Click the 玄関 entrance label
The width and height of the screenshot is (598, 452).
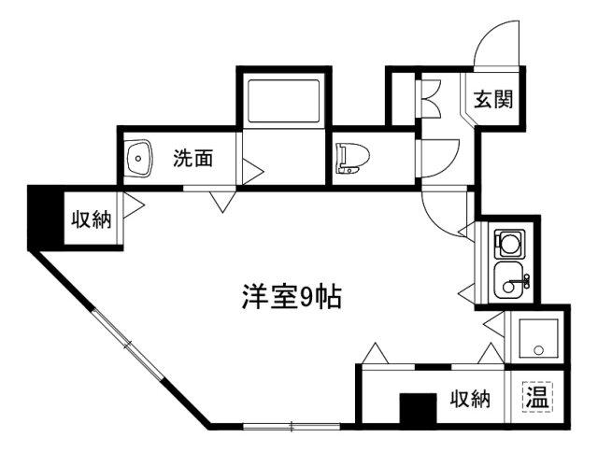pos(493,99)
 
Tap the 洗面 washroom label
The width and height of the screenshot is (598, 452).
pos(193,158)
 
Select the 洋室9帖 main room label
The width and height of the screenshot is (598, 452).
pos(291,297)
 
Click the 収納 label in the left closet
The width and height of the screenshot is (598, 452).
pos(92,219)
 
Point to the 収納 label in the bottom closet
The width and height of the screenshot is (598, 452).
pos(470,400)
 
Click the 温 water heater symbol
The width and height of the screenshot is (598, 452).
pos(537,396)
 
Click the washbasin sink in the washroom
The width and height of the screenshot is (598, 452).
pos(138,158)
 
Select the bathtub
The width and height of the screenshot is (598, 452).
pos(283,101)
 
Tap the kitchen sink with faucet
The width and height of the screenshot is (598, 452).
pos(512,280)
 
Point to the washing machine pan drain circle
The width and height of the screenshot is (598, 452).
pos(538,349)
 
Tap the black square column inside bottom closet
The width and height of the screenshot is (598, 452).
pos(418,408)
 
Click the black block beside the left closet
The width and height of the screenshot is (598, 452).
pos(46,218)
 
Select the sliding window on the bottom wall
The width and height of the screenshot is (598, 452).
pos(292,426)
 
